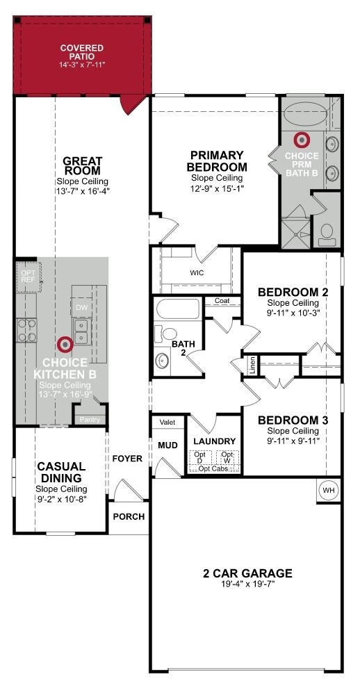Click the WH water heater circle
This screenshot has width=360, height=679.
(x=329, y=490)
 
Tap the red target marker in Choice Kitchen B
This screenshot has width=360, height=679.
(x=65, y=344)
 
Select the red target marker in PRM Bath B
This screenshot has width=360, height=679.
(x=301, y=139)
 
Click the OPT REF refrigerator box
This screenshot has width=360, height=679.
(x=28, y=277)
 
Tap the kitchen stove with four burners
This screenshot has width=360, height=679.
(x=27, y=330)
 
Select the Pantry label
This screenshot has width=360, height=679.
(x=90, y=420)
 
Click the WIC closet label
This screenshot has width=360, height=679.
(x=197, y=273)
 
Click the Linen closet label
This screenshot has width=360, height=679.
(x=253, y=364)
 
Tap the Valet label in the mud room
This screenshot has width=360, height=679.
(x=167, y=422)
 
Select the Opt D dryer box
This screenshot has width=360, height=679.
(x=200, y=457)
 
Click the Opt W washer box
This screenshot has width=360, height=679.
(x=227, y=457)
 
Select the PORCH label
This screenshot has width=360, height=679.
(x=129, y=516)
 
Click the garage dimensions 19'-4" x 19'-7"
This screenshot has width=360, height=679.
(x=247, y=584)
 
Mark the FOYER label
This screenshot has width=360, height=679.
(x=127, y=459)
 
